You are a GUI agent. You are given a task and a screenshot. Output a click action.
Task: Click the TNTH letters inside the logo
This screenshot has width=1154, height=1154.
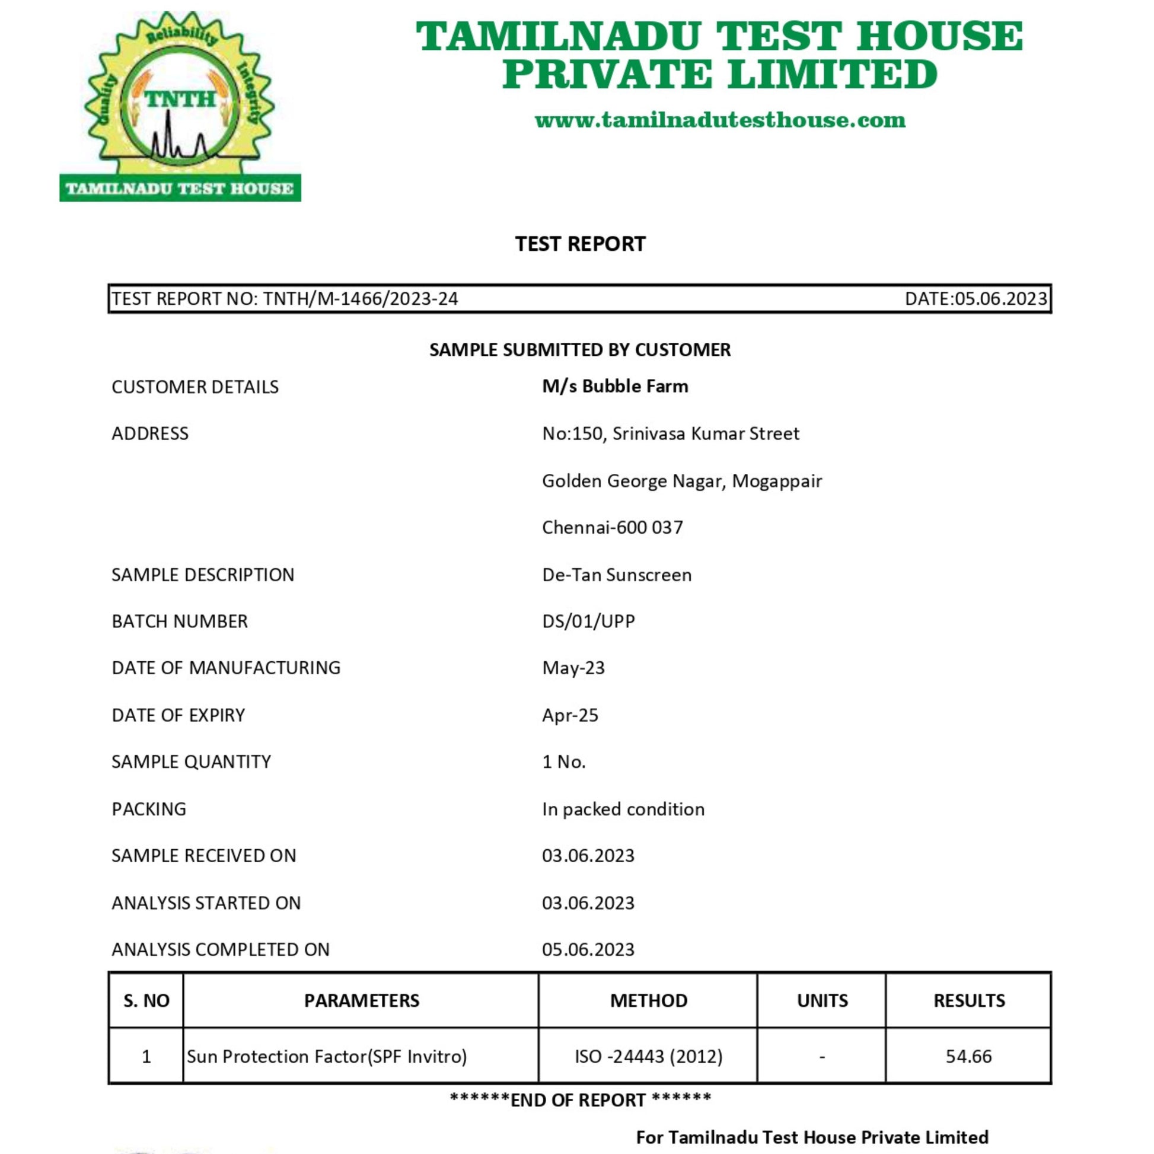tap(180, 98)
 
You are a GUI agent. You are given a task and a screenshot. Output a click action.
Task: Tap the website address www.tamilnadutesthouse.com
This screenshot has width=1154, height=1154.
tap(720, 120)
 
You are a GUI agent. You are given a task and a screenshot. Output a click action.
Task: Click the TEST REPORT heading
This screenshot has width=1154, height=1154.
tap(580, 244)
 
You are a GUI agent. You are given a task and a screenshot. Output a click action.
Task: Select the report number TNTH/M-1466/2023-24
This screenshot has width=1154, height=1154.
tap(360, 299)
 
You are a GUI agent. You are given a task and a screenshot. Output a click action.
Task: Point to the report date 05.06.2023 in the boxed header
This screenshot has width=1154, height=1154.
tap(1000, 299)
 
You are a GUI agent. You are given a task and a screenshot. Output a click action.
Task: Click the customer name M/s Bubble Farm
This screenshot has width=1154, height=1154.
tap(614, 387)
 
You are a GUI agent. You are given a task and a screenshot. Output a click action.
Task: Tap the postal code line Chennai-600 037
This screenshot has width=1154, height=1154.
tap(612, 527)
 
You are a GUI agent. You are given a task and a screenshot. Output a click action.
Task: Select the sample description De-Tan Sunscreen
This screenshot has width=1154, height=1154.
tap(616, 575)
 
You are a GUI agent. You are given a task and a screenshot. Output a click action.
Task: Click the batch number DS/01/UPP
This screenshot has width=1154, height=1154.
tap(588, 621)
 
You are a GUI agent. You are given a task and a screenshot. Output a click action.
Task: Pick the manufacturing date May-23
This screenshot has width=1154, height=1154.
tap(573, 668)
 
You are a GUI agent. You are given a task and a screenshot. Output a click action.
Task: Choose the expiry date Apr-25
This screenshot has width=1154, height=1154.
tap(570, 715)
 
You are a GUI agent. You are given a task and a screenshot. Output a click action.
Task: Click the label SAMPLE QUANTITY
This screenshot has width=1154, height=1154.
tap(191, 761)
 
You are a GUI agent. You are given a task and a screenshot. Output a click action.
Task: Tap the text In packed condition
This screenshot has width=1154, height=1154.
tap(623, 809)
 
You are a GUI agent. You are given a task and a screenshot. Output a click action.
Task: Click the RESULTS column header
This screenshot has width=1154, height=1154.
tap(969, 1000)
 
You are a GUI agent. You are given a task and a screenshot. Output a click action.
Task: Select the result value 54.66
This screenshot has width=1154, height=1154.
tap(968, 1056)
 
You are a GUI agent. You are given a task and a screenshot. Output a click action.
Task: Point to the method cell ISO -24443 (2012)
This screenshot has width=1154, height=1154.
tap(648, 1056)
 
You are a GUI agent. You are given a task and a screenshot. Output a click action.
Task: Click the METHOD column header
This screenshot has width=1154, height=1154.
tap(648, 1000)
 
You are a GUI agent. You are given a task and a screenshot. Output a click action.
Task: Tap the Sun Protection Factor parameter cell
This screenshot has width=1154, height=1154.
tap(326, 1056)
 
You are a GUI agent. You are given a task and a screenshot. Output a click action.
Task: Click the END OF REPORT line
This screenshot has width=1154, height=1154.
tap(580, 1099)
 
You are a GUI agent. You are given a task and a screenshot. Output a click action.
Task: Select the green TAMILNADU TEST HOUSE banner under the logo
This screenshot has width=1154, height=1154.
tap(180, 189)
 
